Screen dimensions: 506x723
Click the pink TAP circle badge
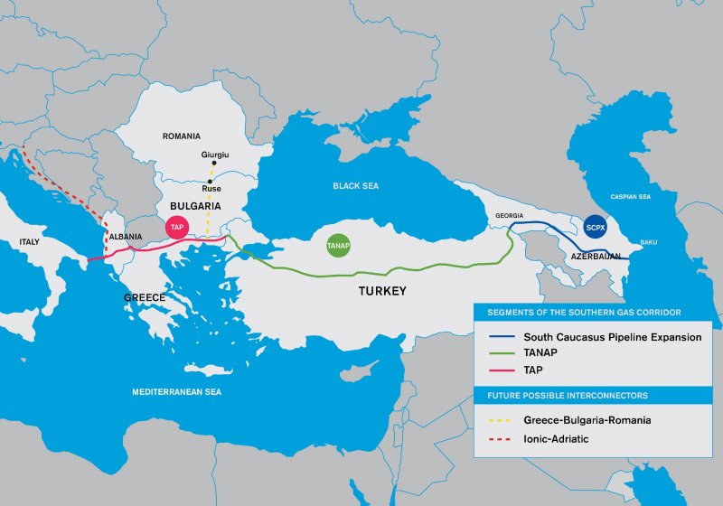[x=177, y=228]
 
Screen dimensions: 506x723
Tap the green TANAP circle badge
[x=338, y=245]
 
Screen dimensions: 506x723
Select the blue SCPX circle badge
[x=595, y=226]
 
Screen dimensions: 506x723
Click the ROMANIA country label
[x=181, y=136]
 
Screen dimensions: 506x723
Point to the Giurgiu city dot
[x=215, y=164]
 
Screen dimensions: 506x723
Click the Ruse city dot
[x=210, y=182]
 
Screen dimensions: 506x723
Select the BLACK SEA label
[x=356, y=186]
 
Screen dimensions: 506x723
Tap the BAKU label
[x=649, y=242]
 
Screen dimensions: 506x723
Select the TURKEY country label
[x=380, y=292]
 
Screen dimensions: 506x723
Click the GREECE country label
[x=145, y=297]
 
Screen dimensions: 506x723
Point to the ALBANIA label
[x=126, y=237]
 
